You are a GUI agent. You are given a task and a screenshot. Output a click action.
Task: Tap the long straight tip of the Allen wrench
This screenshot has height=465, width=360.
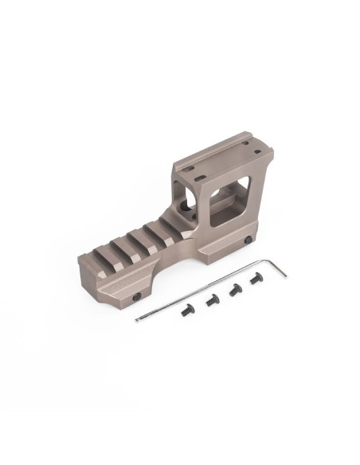(139, 320)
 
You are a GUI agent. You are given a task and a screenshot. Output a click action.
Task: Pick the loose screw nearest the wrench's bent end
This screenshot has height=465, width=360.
(256, 279)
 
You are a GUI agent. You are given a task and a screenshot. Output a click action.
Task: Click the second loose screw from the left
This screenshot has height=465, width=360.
(212, 300)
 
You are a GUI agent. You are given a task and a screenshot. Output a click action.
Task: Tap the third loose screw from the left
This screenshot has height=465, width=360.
(236, 290)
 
